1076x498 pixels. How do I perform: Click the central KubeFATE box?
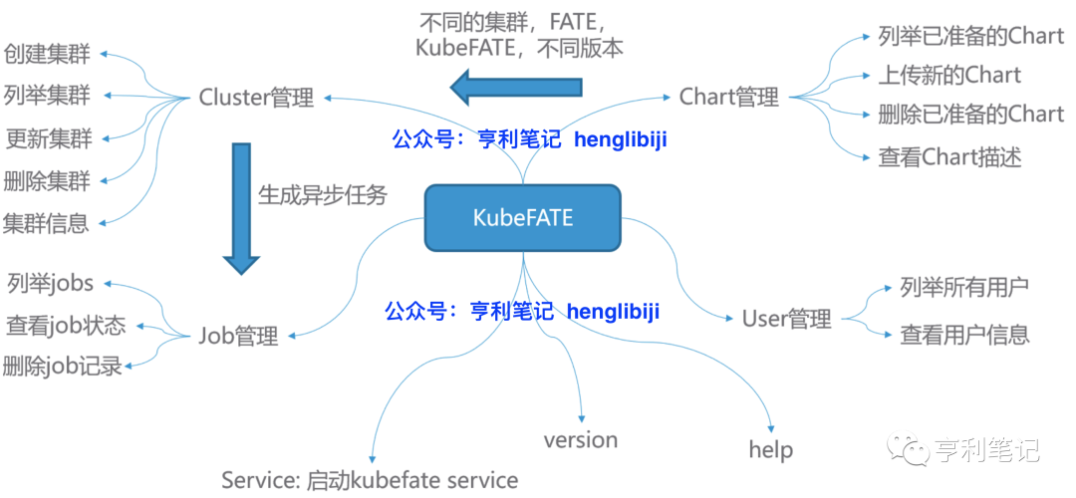point(523,216)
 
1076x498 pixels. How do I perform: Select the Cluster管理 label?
point(256,98)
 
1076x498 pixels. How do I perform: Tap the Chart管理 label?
point(728,97)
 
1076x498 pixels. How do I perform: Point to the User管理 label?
point(786,319)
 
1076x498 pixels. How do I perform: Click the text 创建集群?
point(47,54)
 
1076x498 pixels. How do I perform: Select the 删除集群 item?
point(47,181)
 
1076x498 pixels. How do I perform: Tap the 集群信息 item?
point(47,223)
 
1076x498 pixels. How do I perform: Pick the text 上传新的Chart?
point(949,76)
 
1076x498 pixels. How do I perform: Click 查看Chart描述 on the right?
point(949,156)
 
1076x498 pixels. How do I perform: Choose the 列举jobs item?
point(50,284)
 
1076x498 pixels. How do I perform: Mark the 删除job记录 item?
point(63,366)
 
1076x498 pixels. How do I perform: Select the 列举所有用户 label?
point(963,288)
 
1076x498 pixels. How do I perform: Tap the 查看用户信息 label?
point(963,335)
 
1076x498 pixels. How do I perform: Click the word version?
point(581,440)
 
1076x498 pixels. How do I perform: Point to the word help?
point(771,449)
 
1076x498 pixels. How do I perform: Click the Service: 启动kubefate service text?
point(370,480)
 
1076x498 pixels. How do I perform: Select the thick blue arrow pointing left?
point(516,87)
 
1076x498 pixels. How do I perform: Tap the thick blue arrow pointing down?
point(240,207)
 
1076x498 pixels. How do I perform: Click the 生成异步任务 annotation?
point(322,194)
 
